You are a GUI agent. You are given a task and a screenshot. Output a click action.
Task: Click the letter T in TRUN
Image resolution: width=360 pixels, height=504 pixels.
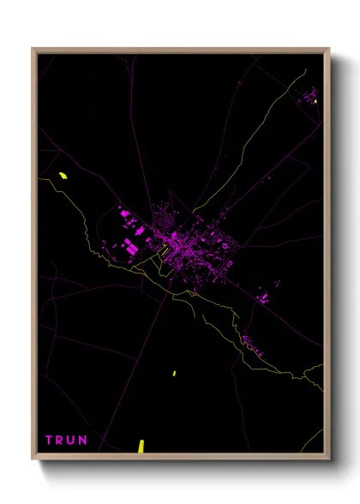click(50, 441)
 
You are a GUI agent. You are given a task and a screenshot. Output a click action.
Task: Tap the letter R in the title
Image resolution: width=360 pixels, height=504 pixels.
click(61, 441)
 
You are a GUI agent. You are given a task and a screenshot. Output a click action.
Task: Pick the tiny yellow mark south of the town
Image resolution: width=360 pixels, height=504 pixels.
click(174, 373)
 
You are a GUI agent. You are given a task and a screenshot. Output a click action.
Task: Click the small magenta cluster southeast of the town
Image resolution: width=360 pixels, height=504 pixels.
click(263, 297)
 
